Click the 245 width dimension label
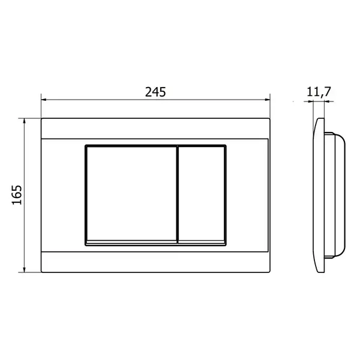(x=155, y=92)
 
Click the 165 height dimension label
(x=17, y=194)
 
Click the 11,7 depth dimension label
(x=319, y=92)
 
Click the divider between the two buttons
(x=178, y=194)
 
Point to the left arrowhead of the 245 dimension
(x=44, y=100)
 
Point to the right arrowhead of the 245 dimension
(x=267, y=100)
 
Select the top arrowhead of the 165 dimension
(x=25, y=121)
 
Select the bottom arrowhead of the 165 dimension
(x=25, y=269)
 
